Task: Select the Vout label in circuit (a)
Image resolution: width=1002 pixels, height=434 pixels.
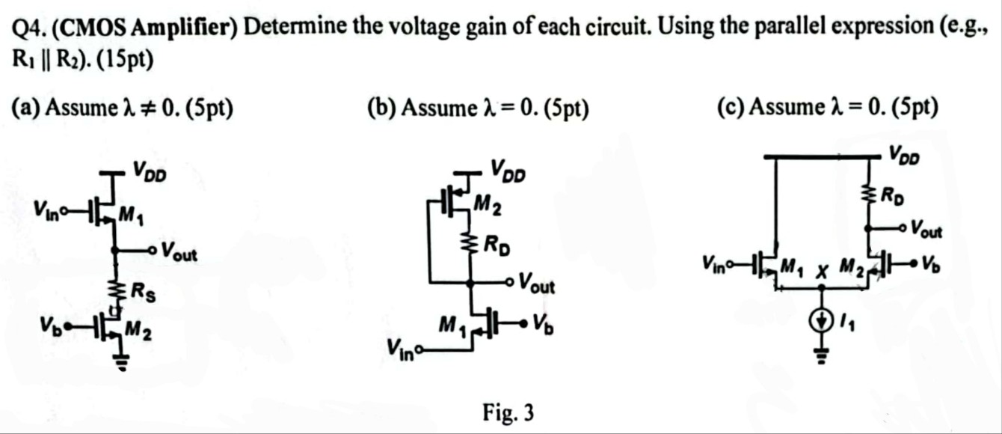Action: (179, 252)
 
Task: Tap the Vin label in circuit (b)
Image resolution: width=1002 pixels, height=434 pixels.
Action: (402, 348)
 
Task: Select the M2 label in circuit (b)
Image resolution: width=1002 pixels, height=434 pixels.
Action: (490, 206)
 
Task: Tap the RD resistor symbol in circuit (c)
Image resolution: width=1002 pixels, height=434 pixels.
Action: (870, 197)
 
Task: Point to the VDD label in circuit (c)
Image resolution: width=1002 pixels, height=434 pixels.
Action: (905, 155)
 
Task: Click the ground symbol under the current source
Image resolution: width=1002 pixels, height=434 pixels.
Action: (820, 356)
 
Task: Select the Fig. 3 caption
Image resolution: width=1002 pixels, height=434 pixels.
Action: (508, 412)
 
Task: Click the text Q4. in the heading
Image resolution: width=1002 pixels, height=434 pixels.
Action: (30, 28)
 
